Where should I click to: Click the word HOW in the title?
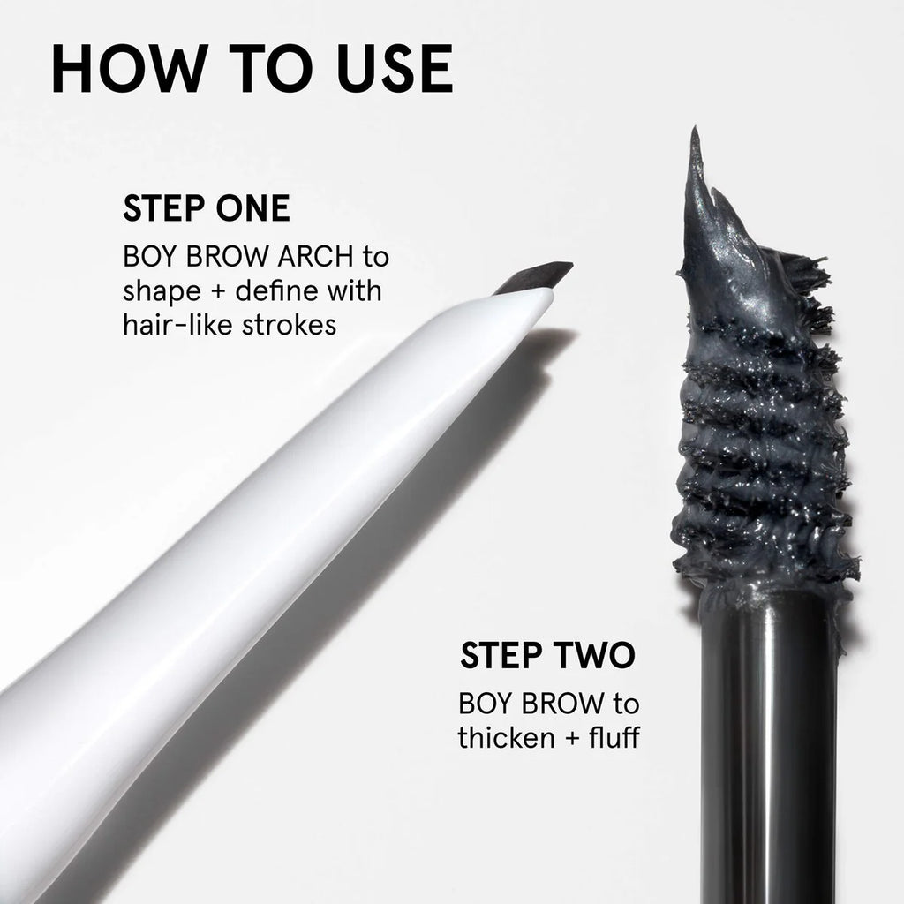[130, 68]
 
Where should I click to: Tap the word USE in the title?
[395, 68]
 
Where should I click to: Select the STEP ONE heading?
[207, 208]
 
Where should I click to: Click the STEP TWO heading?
[547, 655]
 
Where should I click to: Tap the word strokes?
[289, 325]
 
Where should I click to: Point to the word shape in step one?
[162, 291]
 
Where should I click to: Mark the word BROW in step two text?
[555, 704]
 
